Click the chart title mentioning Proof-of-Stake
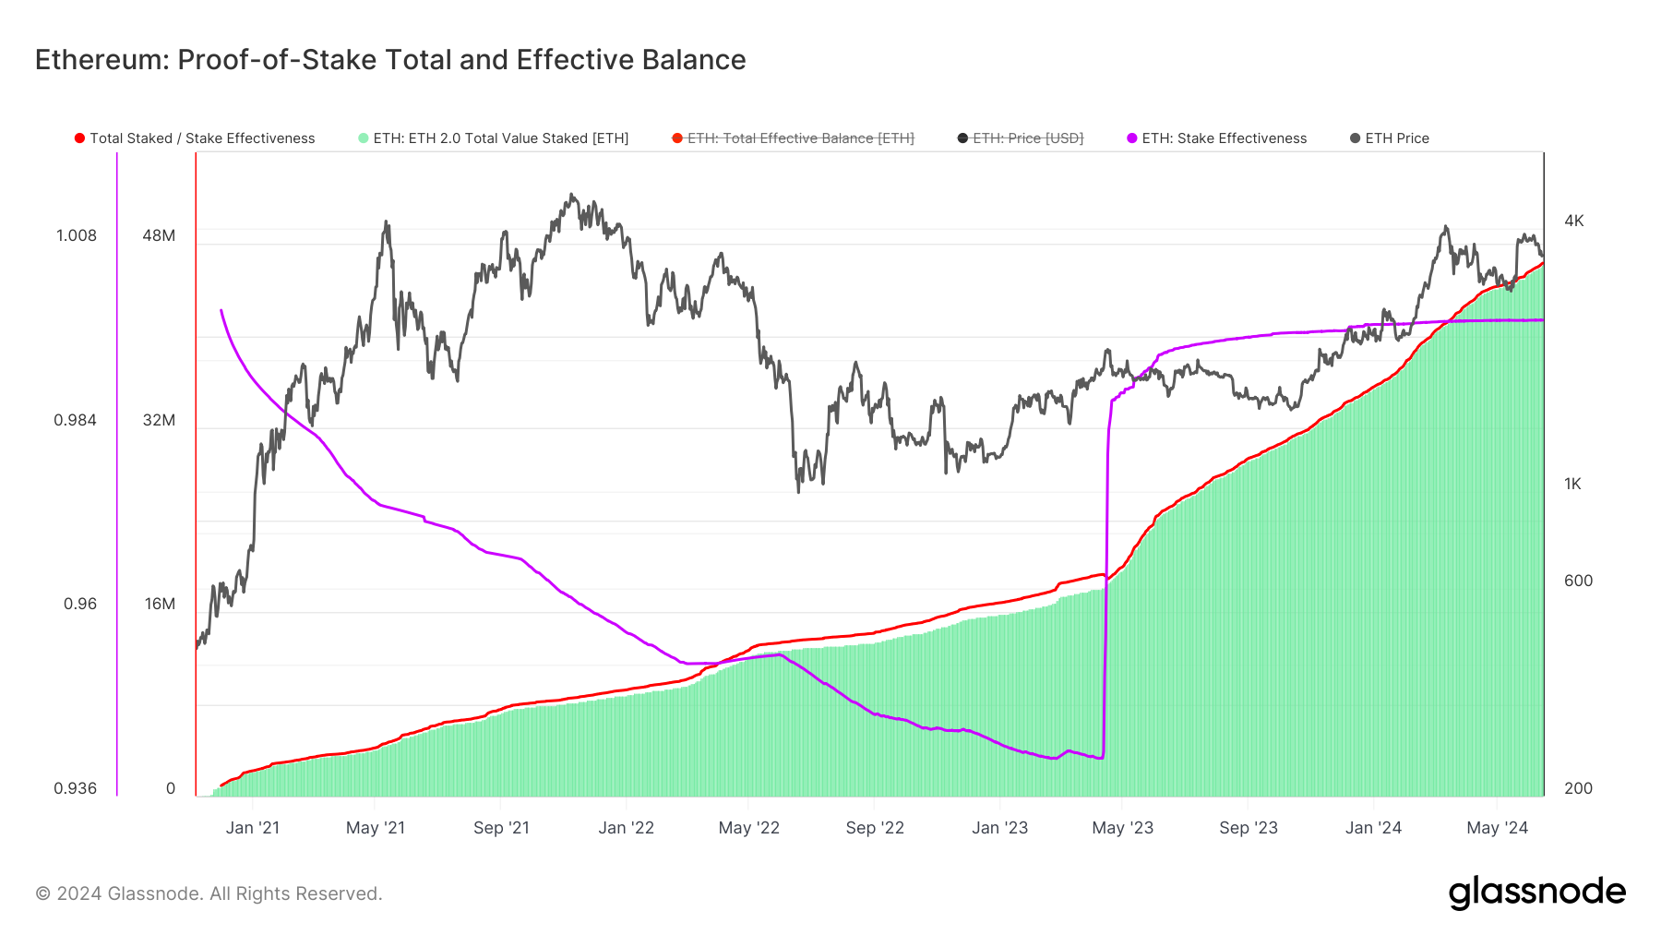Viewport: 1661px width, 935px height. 390,60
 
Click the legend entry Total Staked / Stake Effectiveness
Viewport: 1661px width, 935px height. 195,138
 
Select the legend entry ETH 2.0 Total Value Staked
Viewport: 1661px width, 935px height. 494,138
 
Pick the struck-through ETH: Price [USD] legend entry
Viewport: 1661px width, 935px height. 1021,138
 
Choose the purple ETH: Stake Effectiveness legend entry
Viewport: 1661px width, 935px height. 1217,138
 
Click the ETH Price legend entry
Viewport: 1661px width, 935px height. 1390,138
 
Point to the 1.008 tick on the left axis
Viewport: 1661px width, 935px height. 77,235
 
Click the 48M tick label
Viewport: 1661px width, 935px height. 159,235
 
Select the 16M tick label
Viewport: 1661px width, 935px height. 160,604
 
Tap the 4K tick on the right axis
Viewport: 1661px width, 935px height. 1573,221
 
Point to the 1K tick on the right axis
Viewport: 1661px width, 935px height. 1572,484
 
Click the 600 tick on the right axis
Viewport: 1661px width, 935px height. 1578,581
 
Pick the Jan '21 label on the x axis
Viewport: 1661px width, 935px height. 252,828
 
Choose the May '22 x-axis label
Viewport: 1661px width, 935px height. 748,828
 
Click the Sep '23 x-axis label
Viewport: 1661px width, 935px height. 1248,828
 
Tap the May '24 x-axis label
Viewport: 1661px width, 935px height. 1497,828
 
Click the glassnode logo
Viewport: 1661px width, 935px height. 1536,893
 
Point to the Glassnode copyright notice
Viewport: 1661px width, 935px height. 209,893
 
